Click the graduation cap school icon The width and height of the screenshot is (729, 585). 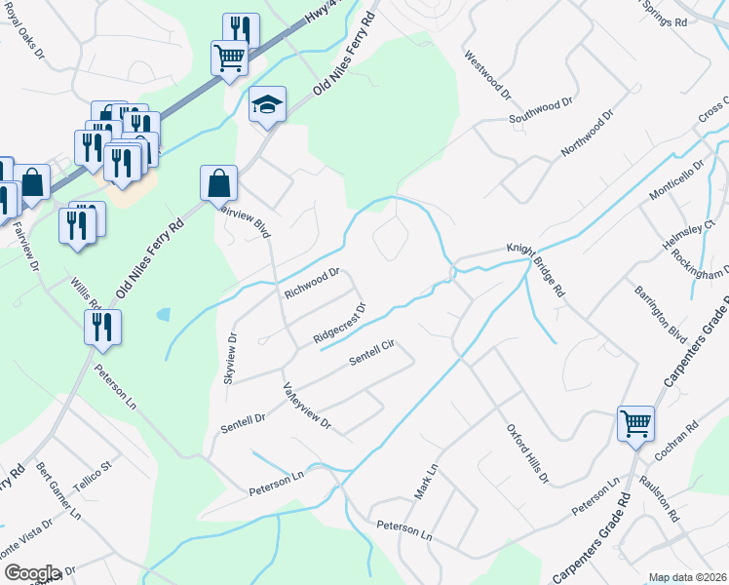coord(267,104)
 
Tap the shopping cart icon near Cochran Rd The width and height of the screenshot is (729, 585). coord(635,424)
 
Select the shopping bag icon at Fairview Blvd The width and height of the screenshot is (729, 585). coord(218,182)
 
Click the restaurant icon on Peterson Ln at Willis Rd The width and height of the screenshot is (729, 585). coord(102,329)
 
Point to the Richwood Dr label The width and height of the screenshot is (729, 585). coord(311,283)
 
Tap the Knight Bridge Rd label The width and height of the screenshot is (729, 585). coord(535,268)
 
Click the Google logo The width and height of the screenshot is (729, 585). coord(31,573)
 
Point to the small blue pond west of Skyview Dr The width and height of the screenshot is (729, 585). coord(162,315)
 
